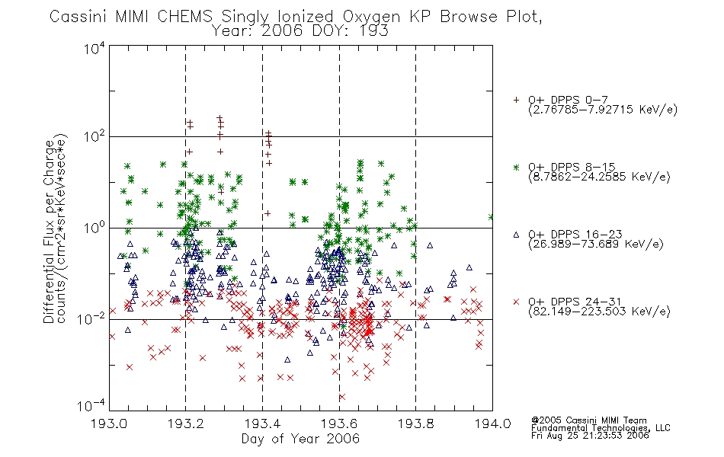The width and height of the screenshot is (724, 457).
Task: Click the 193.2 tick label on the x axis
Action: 186,423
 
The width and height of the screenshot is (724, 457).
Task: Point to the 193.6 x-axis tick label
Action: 339,423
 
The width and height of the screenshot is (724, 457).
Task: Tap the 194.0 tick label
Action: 492,423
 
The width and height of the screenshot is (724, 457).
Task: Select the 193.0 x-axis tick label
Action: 109,423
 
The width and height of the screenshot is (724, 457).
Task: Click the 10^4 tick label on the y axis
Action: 95,48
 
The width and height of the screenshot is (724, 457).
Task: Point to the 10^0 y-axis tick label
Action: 95,227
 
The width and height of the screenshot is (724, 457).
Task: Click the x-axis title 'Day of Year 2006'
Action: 300,439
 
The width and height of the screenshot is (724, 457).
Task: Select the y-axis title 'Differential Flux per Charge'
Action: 49,232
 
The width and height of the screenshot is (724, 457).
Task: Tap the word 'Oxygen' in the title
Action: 371,17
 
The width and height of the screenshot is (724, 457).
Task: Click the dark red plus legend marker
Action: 516,100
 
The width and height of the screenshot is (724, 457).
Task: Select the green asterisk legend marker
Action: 516,167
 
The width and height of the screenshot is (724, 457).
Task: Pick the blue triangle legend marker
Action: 516,235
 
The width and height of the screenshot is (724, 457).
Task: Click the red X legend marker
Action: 516,302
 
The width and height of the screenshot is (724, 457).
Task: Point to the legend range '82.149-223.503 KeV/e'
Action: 599,312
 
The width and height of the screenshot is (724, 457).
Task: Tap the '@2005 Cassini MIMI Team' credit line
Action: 589,420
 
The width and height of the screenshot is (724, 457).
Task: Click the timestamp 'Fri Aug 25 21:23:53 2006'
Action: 590,436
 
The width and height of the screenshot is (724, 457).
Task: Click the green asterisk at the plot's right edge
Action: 491,217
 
